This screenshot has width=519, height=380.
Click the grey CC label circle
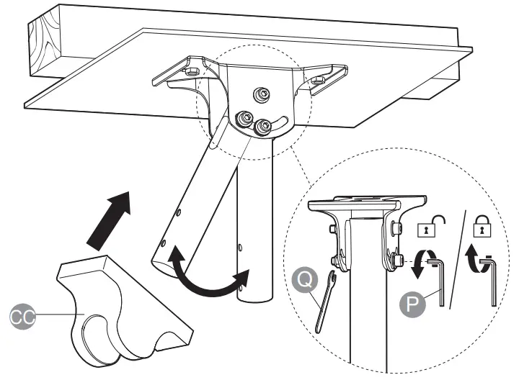coord(22,315)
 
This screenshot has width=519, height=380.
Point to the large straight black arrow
coord(109,216)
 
